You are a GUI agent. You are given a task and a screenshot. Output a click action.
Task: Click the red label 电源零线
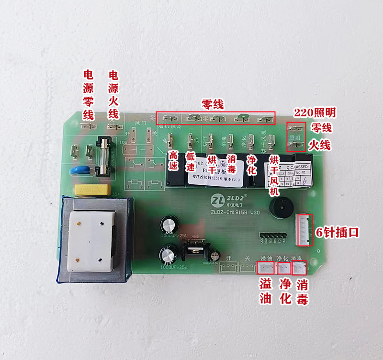tap(89, 95)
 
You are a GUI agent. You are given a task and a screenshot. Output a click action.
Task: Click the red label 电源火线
tap(113, 95)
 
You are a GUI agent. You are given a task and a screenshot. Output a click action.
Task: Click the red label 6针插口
tap(337, 233)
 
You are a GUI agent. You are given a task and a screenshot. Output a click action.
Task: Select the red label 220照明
tap(315, 113)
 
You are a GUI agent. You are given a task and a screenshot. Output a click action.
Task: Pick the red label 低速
tap(191, 162)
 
